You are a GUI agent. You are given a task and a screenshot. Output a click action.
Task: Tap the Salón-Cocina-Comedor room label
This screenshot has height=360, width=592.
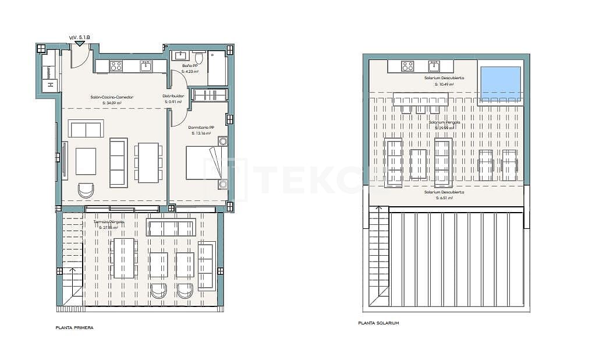pos(111,97)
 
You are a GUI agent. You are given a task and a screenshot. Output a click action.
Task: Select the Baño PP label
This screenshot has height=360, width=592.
pos(190,66)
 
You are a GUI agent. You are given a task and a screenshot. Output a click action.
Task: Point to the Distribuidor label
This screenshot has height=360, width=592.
pos(173,96)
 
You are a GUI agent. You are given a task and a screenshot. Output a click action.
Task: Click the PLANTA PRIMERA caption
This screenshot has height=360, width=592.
pos(74,327)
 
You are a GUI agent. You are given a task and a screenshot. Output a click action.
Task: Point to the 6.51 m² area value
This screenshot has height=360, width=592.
pos(445,198)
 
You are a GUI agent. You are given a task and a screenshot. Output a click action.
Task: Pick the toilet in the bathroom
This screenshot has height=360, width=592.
pos(199,57)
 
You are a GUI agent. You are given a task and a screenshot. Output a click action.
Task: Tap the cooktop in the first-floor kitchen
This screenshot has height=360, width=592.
pos(116,66)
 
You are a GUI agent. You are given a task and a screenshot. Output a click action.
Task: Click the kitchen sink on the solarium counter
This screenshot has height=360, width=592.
pos(434,65)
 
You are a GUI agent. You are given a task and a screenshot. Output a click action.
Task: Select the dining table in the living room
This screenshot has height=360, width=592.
pos(148,163)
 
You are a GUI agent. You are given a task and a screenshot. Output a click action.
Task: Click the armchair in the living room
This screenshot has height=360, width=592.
pos(86,190)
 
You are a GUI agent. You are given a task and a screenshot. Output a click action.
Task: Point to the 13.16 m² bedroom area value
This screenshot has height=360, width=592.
pos(202,133)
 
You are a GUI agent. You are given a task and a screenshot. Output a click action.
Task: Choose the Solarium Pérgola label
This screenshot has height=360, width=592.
pos(445,122)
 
